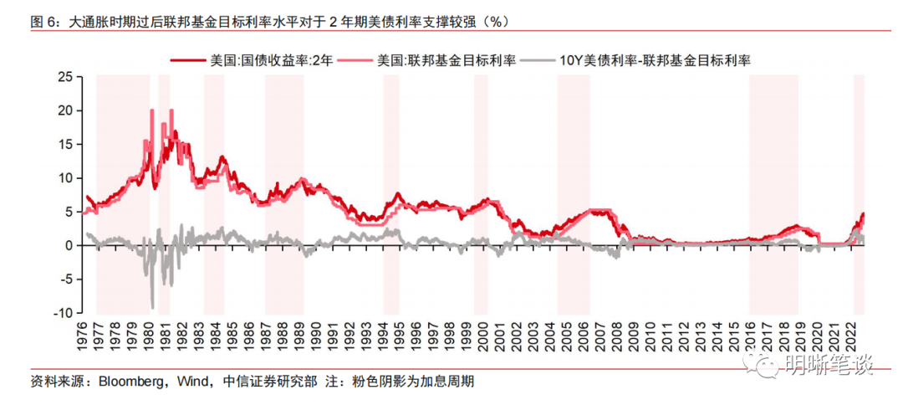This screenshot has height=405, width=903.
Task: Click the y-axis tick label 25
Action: [62, 76]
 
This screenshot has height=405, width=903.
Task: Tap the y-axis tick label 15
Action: [62, 144]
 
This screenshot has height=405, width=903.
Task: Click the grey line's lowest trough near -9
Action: [152, 306]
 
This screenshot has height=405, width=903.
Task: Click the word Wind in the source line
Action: [194, 382]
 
